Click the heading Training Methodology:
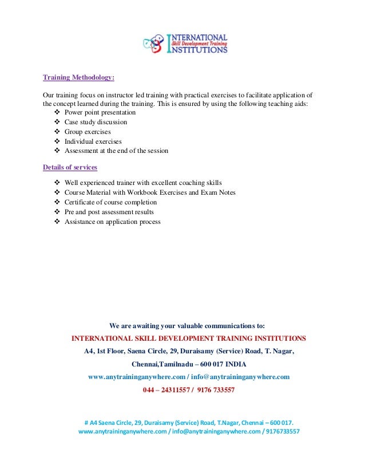click(x=79, y=77)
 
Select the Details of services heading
click(x=70, y=167)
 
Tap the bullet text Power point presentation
click(x=100, y=113)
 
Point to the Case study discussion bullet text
click(x=96, y=122)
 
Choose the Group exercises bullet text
click(x=88, y=132)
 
